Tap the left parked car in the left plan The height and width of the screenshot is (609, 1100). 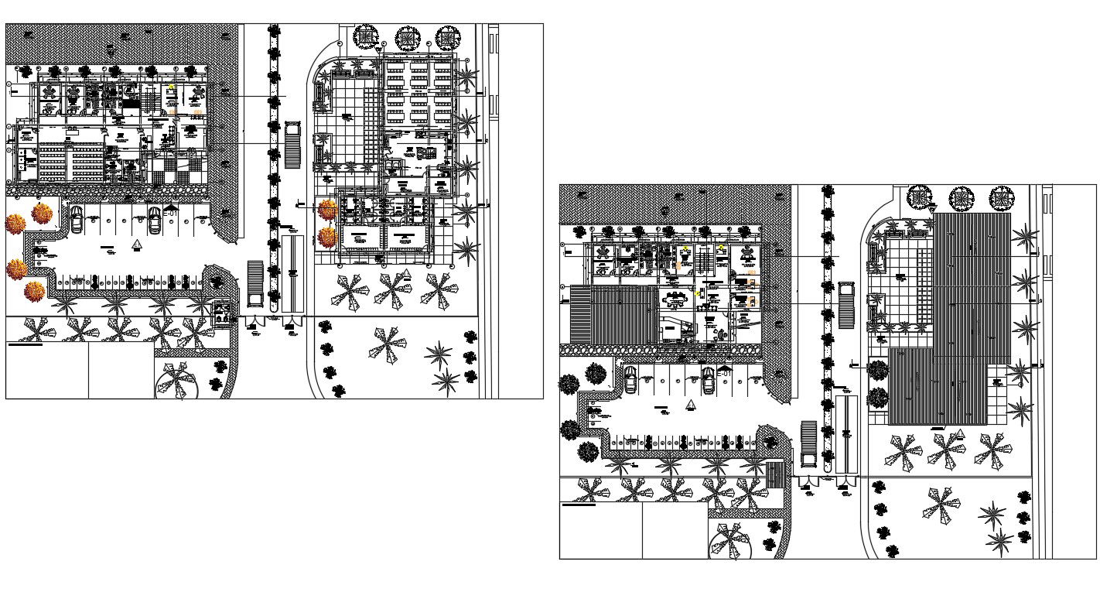click(77, 220)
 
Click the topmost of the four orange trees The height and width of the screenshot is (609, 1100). click(42, 213)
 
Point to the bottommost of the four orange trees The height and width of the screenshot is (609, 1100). click(34, 292)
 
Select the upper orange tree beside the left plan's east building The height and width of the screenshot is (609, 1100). click(328, 209)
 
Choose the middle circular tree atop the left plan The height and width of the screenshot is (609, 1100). click(407, 38)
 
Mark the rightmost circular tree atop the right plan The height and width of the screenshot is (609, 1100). click(1002, 198)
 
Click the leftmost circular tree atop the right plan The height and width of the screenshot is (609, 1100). click(920, 197)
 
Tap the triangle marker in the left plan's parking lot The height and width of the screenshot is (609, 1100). click(137, 245)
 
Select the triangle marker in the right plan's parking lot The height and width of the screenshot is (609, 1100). click(691, 405)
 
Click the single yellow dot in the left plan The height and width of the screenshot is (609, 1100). click(172, 87)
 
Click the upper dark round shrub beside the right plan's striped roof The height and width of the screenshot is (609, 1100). click(878, 371)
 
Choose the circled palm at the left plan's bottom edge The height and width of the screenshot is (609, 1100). click(176, 380)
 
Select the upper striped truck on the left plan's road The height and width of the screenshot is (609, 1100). click(292, 145)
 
